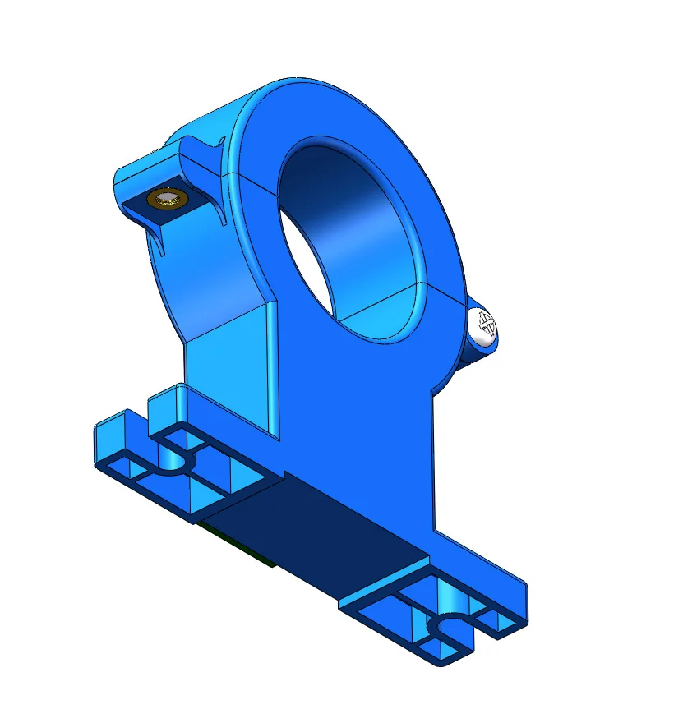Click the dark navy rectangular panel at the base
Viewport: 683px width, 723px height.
coord(329,534)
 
